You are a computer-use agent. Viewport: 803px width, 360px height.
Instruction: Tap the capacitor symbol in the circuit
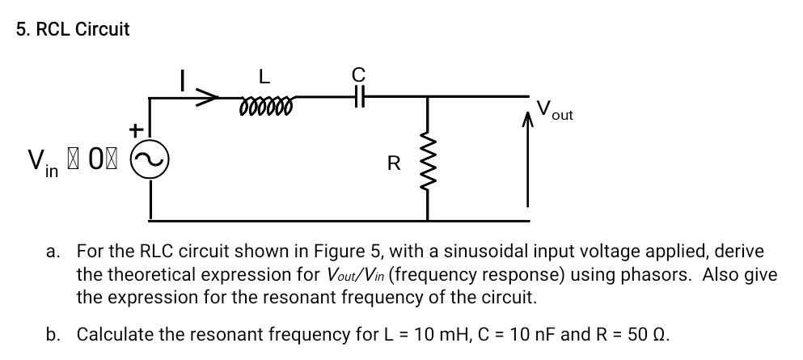click(x=359, y=98)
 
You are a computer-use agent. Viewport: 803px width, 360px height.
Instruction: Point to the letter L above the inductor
click(x=264, y=77)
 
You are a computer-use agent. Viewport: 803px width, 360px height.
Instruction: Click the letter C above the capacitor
click(x=359, y=74)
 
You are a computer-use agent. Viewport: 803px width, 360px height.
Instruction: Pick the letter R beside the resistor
click(x=394, y=164)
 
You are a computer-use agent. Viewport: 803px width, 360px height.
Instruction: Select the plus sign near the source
click(x=137, y=129)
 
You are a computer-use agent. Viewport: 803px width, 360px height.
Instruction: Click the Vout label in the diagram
click(x=554, y=111)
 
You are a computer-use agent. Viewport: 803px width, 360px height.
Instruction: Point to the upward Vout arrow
click(x=529, y=162)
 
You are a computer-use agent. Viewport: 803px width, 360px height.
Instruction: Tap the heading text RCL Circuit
click(x=73, y=30)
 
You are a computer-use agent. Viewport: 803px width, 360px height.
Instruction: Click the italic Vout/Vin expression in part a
click(x=357, y=274)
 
